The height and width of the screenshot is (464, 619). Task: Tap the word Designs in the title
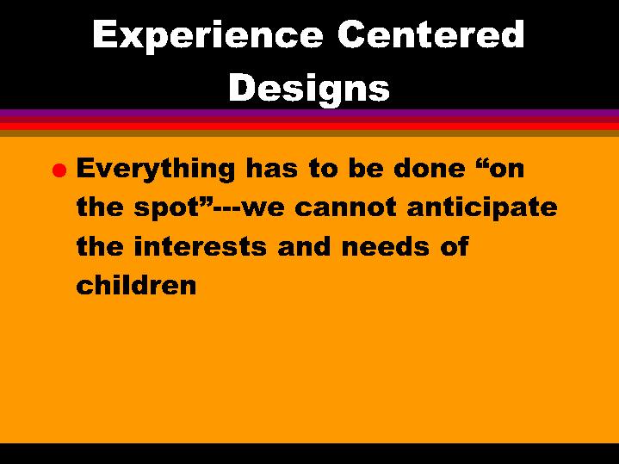pyautogui.click(x=309, y=88)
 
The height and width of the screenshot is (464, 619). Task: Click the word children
pyautogui.click(x=137, y=285)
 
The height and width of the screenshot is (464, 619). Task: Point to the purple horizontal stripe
pyautogui.click(x=309, y=114)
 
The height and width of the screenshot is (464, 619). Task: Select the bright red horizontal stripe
pyautogui.click(x=309, y=126)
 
